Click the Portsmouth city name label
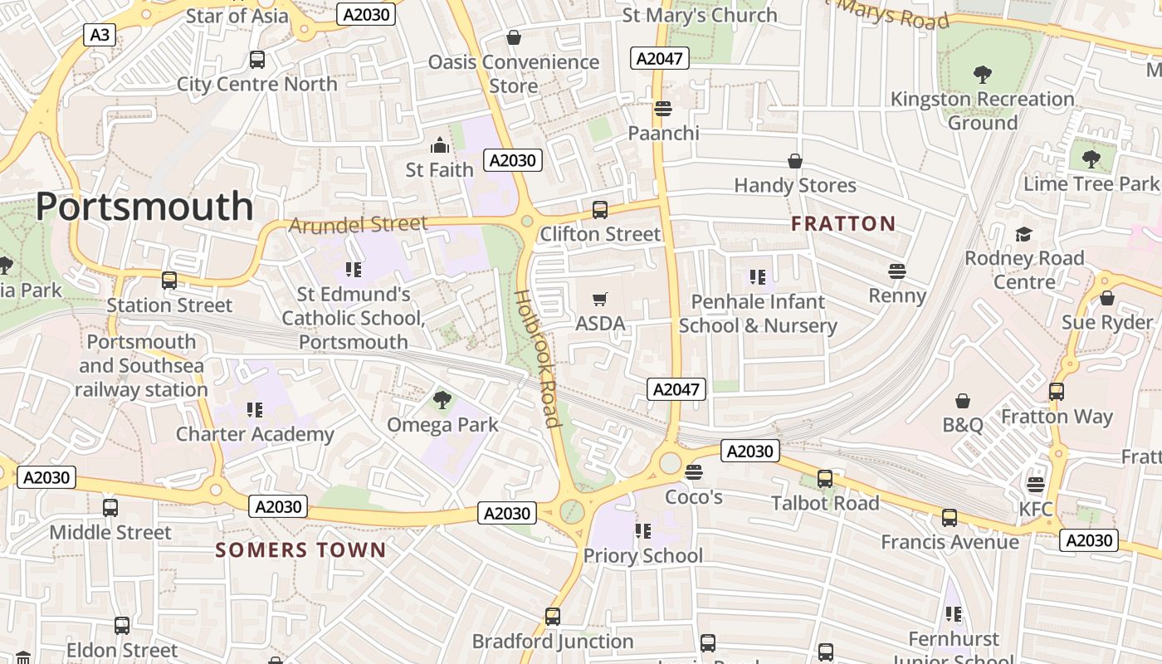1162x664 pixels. [144, 207]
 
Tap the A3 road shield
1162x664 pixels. [99, 35]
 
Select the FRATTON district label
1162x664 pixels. [843, 223]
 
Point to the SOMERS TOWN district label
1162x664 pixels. [300, 549]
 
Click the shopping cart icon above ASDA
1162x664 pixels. [600, 299]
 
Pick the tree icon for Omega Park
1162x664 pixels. [442, 400]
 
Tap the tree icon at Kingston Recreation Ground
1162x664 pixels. [983, 75]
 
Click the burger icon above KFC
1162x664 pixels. [1035, 484]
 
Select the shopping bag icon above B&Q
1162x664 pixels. [963, 402]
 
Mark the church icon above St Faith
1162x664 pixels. [439, 146]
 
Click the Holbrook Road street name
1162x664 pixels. [536, 358]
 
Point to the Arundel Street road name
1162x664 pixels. [358, 224]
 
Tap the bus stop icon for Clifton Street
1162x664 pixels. [599, 210]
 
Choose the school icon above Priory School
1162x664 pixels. [642, 530]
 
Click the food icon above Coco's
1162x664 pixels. [694, 472]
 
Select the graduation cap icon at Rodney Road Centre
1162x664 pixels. [1024, 234]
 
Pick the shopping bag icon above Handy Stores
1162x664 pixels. [795, 161]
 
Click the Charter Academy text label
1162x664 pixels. [255, 434]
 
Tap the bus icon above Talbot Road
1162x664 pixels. [824, 479]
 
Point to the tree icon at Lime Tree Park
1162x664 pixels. [1091, 159]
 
